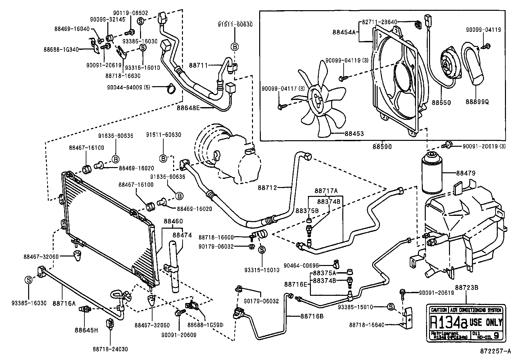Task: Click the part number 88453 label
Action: (x=354, y=134)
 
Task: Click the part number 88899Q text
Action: (x=478, y=102)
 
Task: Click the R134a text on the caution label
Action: (x=448, y=322)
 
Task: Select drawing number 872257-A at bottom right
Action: (x=495, y=351)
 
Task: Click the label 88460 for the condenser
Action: (x=173, y=221)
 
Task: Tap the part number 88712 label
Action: (x=267, y=188)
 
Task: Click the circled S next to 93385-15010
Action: (x=390, y=307)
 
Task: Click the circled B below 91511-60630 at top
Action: (x=235, y=47)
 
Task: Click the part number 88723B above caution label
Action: (x=467, y=288)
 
